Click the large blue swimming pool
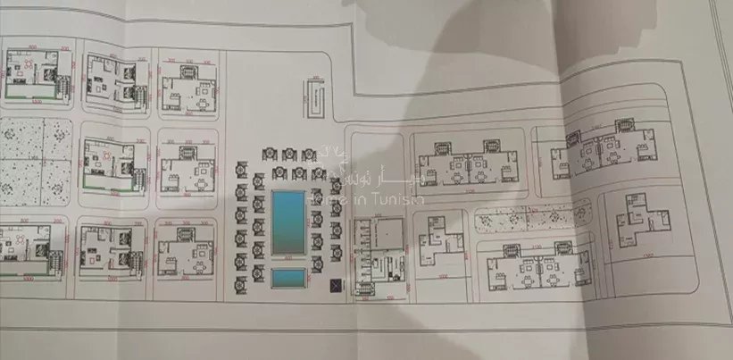coord(288,221)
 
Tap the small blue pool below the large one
coord(288,279)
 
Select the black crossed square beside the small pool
coord(335,286)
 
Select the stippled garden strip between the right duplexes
coord(532,216)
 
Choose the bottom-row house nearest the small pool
coord(185,252)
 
